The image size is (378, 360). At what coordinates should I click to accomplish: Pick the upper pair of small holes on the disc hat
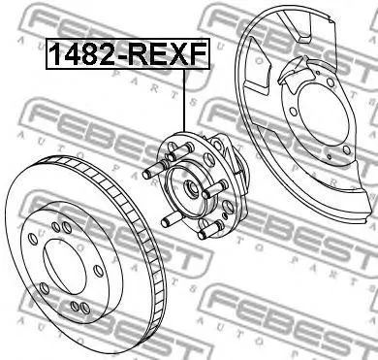pyautogui.click(x=58, y=225)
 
